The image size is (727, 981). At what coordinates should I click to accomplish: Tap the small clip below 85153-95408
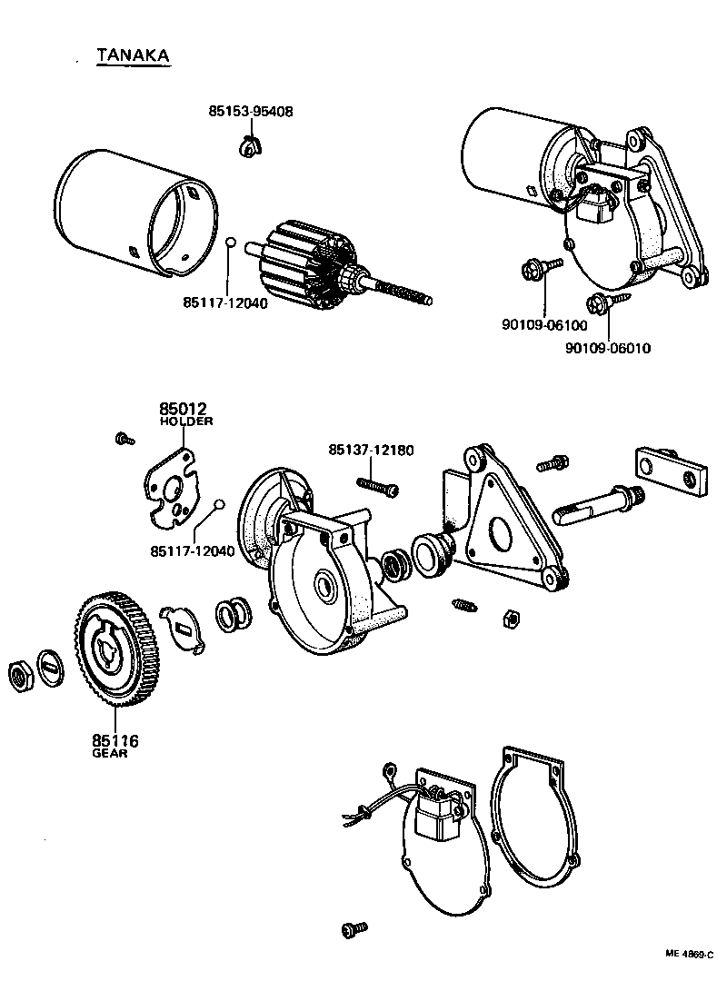247,144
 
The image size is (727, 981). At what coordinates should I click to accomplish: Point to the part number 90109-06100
544,325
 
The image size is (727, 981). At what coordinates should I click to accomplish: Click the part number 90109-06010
608,348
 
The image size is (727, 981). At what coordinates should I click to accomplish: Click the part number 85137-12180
371,450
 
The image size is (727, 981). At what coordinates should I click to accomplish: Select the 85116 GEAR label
115,747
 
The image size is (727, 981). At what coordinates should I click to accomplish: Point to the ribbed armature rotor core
302,263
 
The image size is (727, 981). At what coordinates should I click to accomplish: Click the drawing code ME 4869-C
690,955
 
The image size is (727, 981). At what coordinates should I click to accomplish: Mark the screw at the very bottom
354,929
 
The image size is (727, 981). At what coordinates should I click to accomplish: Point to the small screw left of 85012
124,440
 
